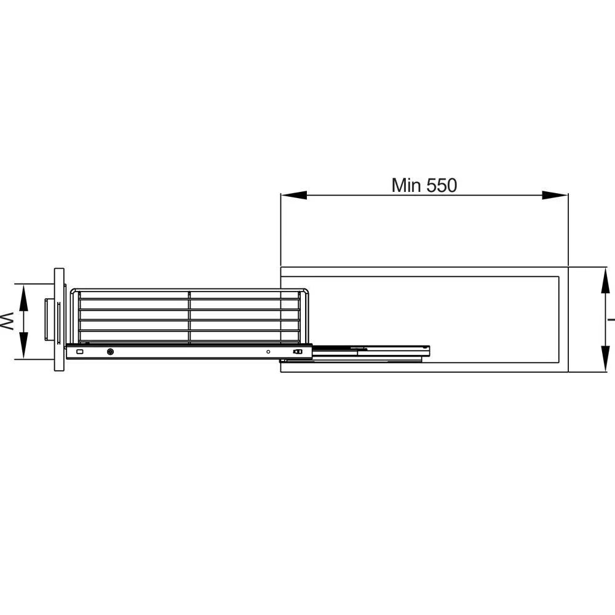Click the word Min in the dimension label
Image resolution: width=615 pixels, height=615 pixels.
coord(406,185)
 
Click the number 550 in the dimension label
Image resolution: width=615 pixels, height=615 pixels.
coord(439,185)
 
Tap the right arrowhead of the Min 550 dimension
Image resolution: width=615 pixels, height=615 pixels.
coord(555,196)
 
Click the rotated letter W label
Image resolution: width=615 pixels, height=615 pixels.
coord(6,321)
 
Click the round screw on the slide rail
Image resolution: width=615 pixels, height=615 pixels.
coord(110,352)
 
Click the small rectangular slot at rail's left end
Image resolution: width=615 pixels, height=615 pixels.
coord(78,352)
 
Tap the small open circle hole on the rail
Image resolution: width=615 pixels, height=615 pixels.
coord(268,352)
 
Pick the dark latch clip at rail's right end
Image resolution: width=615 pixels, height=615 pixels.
coord(298,352)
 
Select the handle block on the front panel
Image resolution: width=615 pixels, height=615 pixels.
coord(48,320)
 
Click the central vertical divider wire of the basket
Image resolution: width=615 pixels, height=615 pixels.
coord(189,317)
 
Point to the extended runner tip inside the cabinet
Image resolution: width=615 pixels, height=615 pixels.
coord(424,351)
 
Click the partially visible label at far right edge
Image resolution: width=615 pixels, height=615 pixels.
coord(611,319)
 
